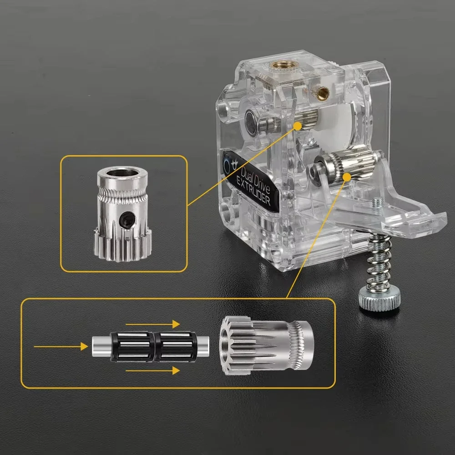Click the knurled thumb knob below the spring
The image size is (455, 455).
pyautogui.click(x=379, y=300)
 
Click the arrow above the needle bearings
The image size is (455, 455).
pyautogui.click(x=152, y=324)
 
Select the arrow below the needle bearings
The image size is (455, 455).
pyautogui.click(x=152, y=371)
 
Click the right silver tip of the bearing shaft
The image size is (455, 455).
pyautogui.click(x=206, y=345)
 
